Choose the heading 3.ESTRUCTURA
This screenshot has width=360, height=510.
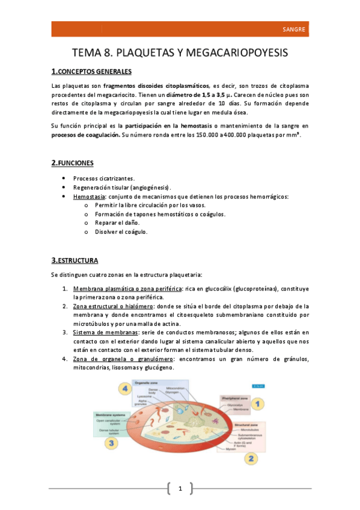click(75, 260)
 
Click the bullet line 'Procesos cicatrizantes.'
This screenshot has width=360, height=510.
click(104, 179)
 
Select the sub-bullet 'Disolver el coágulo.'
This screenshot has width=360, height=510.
click(121, 232)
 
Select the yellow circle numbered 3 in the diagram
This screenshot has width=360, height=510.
click(112, 443)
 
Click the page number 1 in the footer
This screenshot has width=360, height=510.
click(180, 487)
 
